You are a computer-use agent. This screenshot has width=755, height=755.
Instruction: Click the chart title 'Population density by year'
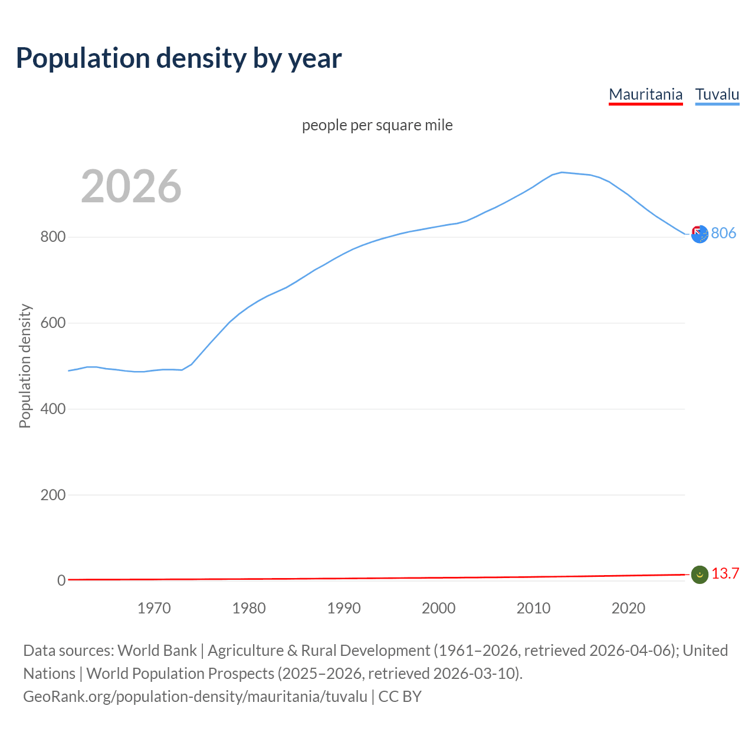pyautogui.click(x=179, y=58)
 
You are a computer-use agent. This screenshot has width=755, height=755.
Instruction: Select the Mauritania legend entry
pyautogui.click(x=645, y=94)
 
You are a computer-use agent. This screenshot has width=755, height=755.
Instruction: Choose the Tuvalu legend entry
pyautogui.click(x=717, y=94)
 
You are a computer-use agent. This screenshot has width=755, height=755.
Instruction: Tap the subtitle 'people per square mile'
pyautogui.click(x=377, y=125)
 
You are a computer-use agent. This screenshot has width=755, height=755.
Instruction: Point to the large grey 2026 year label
pyautogui.click(x=131, y=186)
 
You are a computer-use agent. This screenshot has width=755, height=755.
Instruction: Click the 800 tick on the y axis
pyautogui.click(x=52, y=237)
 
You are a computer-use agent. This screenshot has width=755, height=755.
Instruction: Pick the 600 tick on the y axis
pyautogui.click(x=52, y=323)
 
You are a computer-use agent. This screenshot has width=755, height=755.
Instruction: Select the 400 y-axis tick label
pyautogui.click(x=52, y=409)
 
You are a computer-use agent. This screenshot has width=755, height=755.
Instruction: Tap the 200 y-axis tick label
pyautogui.click(x=52, y=495)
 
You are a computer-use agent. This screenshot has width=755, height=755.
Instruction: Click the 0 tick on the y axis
pyautogui.click(x=61, y=580)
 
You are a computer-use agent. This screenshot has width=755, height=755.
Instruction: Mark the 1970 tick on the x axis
pyautogui.click(x=154, y=608)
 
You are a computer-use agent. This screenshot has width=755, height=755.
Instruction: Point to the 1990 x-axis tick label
pyautogui.click(x=344, y=608)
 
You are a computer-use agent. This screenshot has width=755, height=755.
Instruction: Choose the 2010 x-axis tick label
pyautogui.click(x=533, y=608)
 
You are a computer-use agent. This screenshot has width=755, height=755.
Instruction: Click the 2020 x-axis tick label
pyautogui.click(x=628, y=608)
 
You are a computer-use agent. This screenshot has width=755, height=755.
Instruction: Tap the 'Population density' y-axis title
pyautogui.click(x=25, y=366)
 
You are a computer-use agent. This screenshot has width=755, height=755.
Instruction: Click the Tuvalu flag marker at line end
pyautogui.click(x=700, y=234)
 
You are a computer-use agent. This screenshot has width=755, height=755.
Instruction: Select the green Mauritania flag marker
pyautogui.click(x=700, y=575)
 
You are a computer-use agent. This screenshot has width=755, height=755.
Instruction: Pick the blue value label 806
pyautogui.click(x=723, y=234)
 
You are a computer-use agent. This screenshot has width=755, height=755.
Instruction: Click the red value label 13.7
pyautogui.click(x=725, y=574)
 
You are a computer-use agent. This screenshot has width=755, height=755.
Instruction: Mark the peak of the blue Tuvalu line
pyautogui.click(x=562, y=172)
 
